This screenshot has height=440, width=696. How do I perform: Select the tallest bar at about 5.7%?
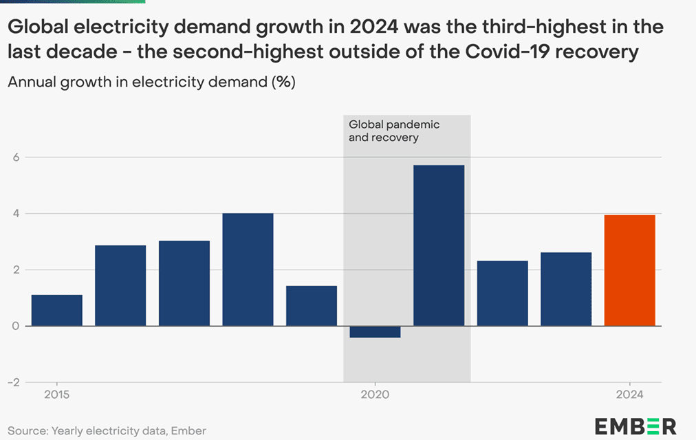click(439, 245)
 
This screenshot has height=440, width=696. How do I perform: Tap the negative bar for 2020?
click(375, 332)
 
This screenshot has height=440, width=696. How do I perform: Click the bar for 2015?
click(57, 310)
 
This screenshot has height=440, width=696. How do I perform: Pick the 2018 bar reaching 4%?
click(248, 269)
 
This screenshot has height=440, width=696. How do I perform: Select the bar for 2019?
click(312, 306)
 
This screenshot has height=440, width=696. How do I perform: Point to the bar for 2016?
click(120, 285)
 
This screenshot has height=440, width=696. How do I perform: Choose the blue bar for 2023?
click(566, 289)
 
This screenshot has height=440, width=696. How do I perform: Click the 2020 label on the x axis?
click(375, 395)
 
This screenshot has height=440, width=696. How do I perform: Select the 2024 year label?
click(629, 395)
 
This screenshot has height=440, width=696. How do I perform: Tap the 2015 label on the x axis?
click(57, 395)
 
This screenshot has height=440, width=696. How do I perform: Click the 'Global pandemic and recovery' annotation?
click(394, 131)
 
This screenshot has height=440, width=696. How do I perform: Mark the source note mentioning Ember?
click(107, 430)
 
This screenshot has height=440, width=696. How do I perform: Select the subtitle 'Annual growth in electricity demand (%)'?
click(151, 82)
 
